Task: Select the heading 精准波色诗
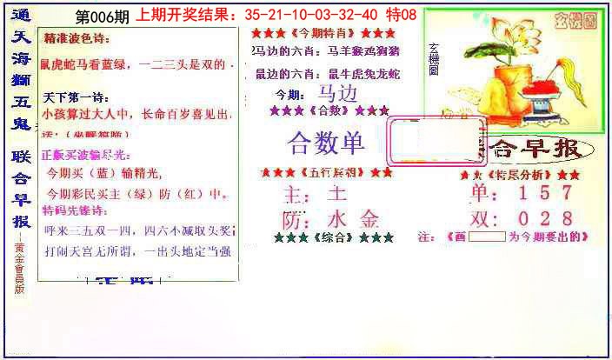tap(79, 41)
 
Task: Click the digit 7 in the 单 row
tap(565, 193)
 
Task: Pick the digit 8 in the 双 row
tap(565, 217)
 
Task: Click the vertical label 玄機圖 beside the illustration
tap(433, 65)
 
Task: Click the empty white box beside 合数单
tap(421, 140)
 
